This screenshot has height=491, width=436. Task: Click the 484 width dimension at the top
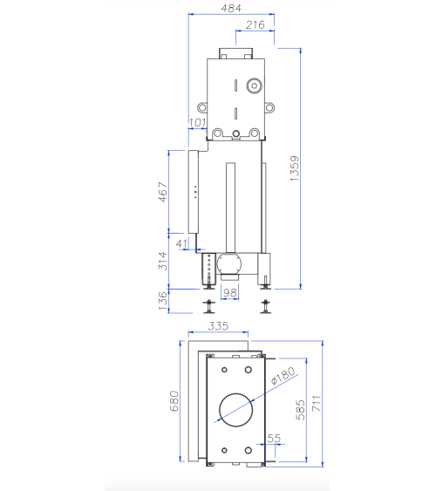tap(231, 9)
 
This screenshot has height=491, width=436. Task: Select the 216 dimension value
tap(255, 25)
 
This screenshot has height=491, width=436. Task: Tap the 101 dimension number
tap(197, 122)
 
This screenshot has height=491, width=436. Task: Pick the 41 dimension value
tap(181, 242)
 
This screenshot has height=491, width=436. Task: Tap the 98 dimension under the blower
tap(230, 293)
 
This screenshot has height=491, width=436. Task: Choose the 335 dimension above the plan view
tap(218, 326)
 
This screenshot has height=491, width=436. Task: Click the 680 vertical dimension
tap(174, 401)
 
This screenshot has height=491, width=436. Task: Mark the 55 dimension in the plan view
tap(275, 439)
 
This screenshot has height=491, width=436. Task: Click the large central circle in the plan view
tap(235, 406)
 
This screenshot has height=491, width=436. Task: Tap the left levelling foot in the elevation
tap(209, 306)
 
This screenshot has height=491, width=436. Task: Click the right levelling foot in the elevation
tap(265, 306)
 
